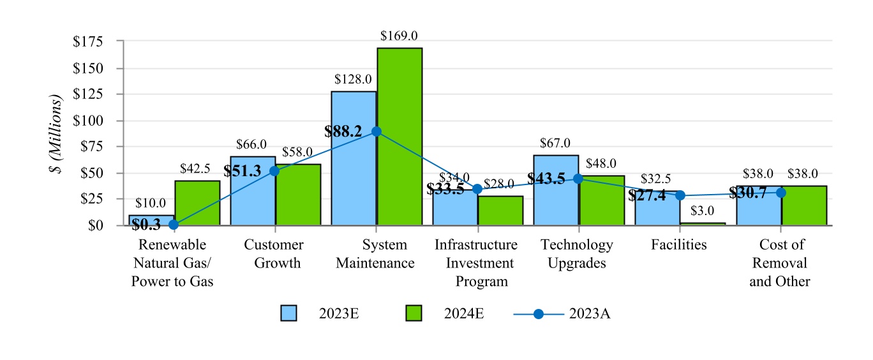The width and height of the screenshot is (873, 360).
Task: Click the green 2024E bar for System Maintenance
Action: [x=399, y=137]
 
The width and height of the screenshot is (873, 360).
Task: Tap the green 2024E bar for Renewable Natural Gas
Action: [x=197, y=203]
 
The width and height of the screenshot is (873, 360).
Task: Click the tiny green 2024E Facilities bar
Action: [x=703, y=223]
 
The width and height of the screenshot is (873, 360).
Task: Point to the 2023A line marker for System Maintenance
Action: [x=377, y=131]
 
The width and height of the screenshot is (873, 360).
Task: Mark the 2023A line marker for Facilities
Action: [x=680, y=196]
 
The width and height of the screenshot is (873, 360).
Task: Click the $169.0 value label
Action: [x=399, y=36]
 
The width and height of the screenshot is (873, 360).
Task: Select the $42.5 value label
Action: [x=195, y=169]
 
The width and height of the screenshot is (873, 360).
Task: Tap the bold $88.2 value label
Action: [x=343, y=131]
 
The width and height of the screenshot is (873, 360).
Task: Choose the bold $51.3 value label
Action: [x=243, y=171]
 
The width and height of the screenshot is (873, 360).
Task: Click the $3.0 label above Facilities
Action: [x=702, y=211]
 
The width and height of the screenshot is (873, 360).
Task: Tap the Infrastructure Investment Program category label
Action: [x=476, y=262]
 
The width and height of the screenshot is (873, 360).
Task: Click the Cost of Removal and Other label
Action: [x=780, y=262]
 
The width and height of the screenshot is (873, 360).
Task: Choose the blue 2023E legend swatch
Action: [x=288, y=313]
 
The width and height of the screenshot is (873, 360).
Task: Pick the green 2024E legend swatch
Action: [x=414, y=313]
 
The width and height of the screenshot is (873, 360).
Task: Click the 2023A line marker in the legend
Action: [x=539, y=313]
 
